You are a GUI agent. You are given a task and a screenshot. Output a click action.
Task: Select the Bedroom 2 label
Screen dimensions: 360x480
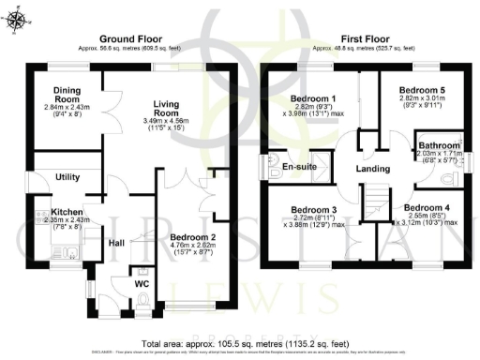pyautogui.click(x=194, y=238)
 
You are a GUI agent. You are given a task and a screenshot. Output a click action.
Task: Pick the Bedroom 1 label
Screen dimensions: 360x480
pyautogui.click(x=313, y=98)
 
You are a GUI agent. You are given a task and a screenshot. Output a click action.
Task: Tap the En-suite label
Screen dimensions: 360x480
pyautogui.click(x=298, y=167)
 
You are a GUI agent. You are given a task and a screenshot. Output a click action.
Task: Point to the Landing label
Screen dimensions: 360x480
pyautogui.click(x=372, y=169)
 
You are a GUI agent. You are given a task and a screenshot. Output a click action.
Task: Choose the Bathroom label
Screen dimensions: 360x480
pyautogui.click(x=440, y=146)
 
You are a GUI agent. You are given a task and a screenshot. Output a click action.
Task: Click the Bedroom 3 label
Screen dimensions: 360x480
pyautogui.click(x=313, y=209)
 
